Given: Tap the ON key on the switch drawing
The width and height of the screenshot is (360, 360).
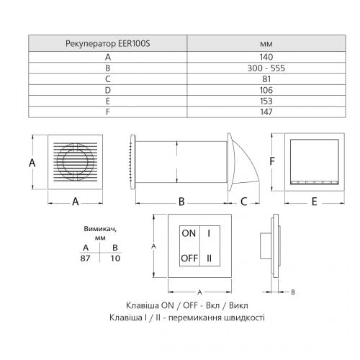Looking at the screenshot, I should click(189, 234).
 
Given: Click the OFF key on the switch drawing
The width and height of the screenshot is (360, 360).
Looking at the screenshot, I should click(189, 258).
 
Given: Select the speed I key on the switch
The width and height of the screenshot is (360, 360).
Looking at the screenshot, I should click(210, 234).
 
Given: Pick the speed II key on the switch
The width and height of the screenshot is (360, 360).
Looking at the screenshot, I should click(210, 258).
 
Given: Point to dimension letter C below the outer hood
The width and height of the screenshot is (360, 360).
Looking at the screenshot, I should click(244, 202).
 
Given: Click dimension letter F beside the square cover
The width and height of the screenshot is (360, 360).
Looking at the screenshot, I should click(272, 162).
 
